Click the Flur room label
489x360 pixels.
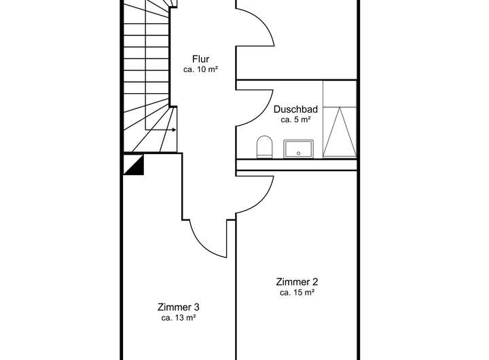point(200,59)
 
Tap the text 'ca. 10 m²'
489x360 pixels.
point(200,69)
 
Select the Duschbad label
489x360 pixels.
point(295,109)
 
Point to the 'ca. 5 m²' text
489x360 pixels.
point(295,119)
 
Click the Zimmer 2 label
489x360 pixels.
point(297,282)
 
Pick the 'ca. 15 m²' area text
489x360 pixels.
point(297,293)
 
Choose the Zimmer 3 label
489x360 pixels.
point(179,306)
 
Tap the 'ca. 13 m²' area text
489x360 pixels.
point(179,317)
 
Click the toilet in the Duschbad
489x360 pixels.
point(264,146)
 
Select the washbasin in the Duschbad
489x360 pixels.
point(299,148)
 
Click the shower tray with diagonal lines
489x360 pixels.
point(340,132)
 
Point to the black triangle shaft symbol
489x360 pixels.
point(134,165)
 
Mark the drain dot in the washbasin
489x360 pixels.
point(299,153)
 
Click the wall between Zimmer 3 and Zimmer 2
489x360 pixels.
point(236,292)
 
